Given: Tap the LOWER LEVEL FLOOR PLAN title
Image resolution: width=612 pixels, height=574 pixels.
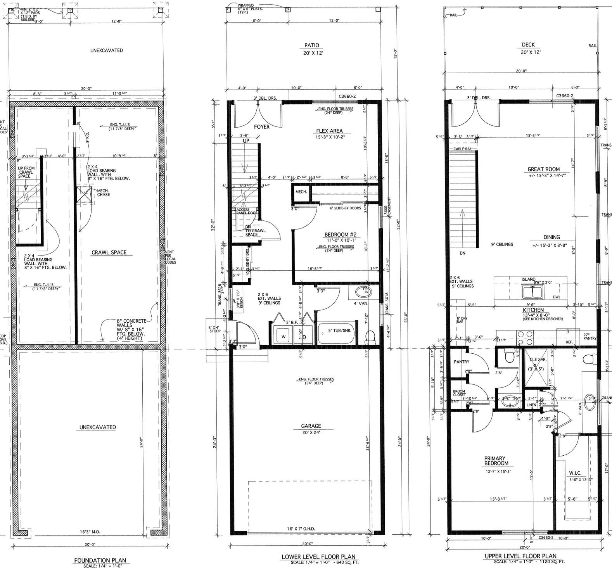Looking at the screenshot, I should click(318, 557).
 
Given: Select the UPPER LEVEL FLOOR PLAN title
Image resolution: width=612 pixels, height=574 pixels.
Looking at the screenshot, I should click(526, 556).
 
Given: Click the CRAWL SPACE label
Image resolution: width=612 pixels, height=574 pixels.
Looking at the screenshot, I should click(109, 252).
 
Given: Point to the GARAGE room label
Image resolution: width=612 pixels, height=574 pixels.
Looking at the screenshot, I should click(311, 426).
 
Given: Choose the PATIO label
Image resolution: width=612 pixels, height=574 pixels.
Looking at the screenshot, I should click(312, 45).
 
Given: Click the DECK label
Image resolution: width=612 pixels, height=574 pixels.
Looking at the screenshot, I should click(528, 45).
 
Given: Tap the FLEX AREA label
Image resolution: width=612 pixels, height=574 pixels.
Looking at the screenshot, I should click(329, 131).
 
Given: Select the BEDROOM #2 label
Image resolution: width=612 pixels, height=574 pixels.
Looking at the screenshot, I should click(337, 235).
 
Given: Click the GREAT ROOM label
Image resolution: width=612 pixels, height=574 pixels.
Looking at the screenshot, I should click(543, 169).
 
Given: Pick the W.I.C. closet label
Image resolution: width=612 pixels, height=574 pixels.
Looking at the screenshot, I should click(575, 473).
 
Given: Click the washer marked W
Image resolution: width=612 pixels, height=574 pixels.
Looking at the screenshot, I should click(283, 336).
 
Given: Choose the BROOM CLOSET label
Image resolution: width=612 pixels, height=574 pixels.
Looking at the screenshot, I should click(459, 393).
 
